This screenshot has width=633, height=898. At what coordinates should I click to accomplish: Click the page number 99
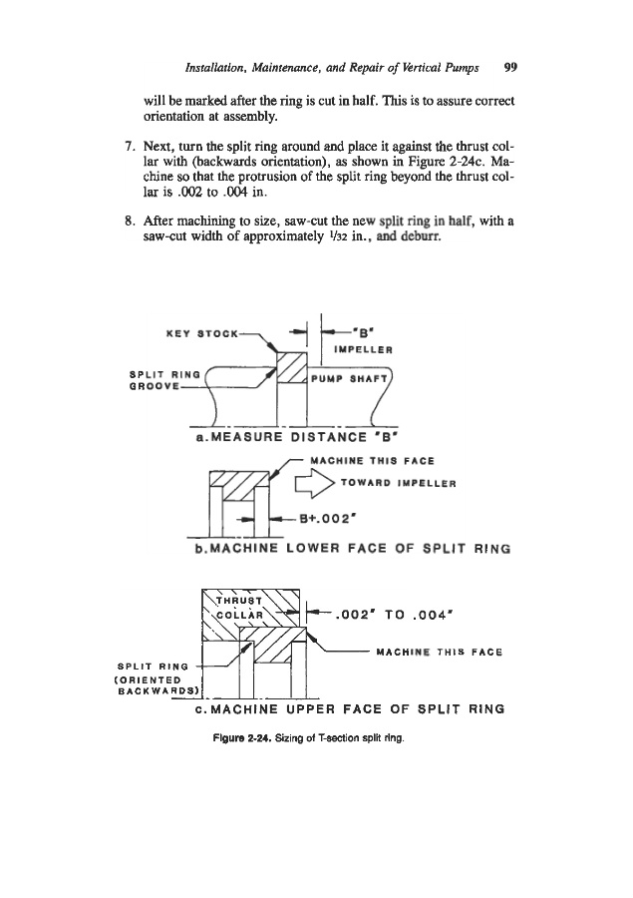(x=510, y=69)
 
